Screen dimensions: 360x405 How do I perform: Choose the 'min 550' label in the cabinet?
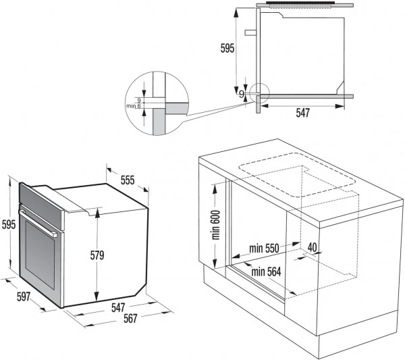[263, 248]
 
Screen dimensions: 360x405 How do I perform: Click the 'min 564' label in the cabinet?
[267, 272]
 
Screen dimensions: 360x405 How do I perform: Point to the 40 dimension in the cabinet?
[312, 247]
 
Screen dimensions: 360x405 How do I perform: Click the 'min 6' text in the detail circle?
[133, 106]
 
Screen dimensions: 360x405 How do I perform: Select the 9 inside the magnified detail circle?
[138, 100]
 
